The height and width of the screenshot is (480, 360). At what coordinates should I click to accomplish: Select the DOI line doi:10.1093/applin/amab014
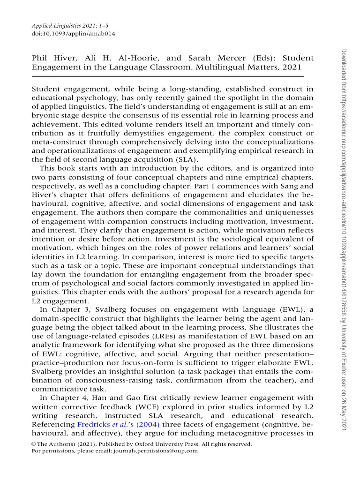click(x=73, y=34)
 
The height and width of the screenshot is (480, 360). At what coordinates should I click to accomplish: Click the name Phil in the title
click(x=39, y=58)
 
